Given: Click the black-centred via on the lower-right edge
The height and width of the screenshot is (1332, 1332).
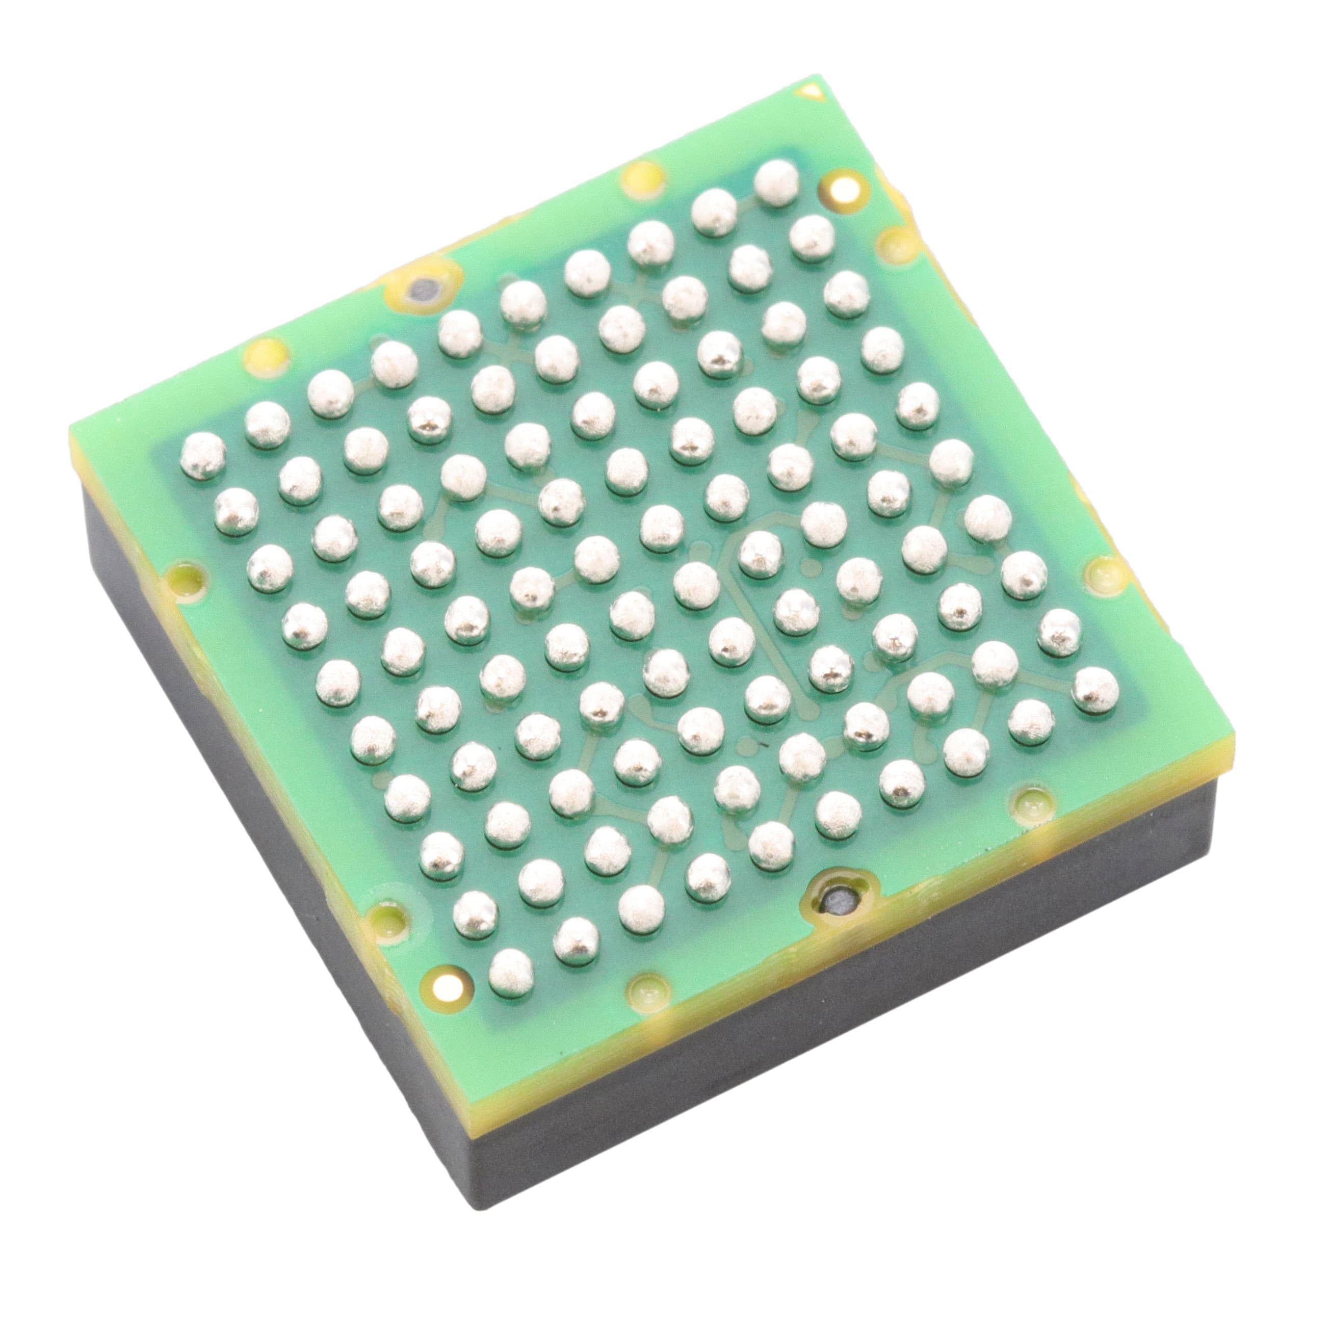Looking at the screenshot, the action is click(x=838, y=902).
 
